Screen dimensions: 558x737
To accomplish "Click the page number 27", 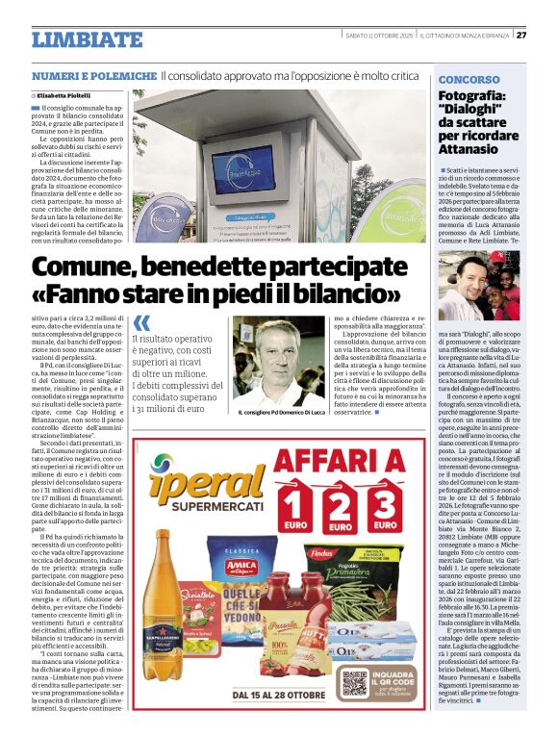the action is tap(521, 36).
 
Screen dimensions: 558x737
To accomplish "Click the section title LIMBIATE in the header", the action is tap(87, 39).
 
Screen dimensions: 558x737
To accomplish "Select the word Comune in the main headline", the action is tap(89, 263).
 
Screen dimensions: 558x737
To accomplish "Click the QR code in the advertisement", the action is tap(354, 684).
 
